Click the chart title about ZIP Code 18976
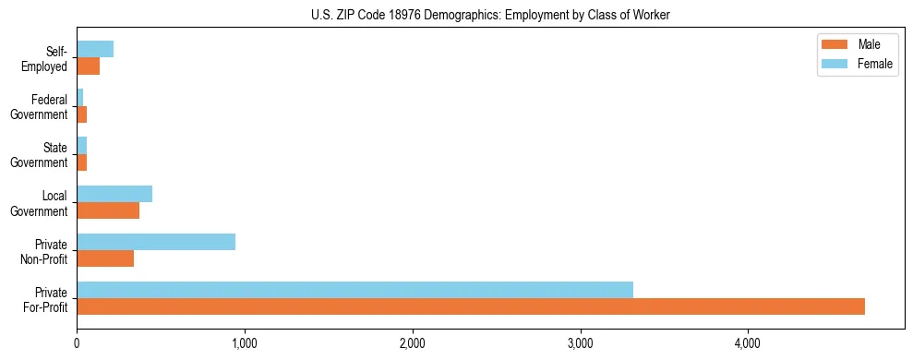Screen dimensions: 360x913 click(x=456, y=14)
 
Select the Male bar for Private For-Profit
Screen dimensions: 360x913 click(x=471, y=306)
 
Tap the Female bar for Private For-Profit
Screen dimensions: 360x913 click(x=354, y=290)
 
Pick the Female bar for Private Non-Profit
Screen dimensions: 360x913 click(x=156, y=242)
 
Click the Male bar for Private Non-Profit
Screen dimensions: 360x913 click(x=105, y=258)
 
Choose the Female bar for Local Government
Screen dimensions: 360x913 click(x=114, y=194)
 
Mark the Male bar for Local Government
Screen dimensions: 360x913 click(x=108, y=210)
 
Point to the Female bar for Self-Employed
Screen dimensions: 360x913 click(x=95, y=49)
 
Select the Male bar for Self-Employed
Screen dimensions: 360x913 click(x=88, y=66)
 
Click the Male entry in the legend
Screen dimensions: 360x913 click(x=869, y=44)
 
